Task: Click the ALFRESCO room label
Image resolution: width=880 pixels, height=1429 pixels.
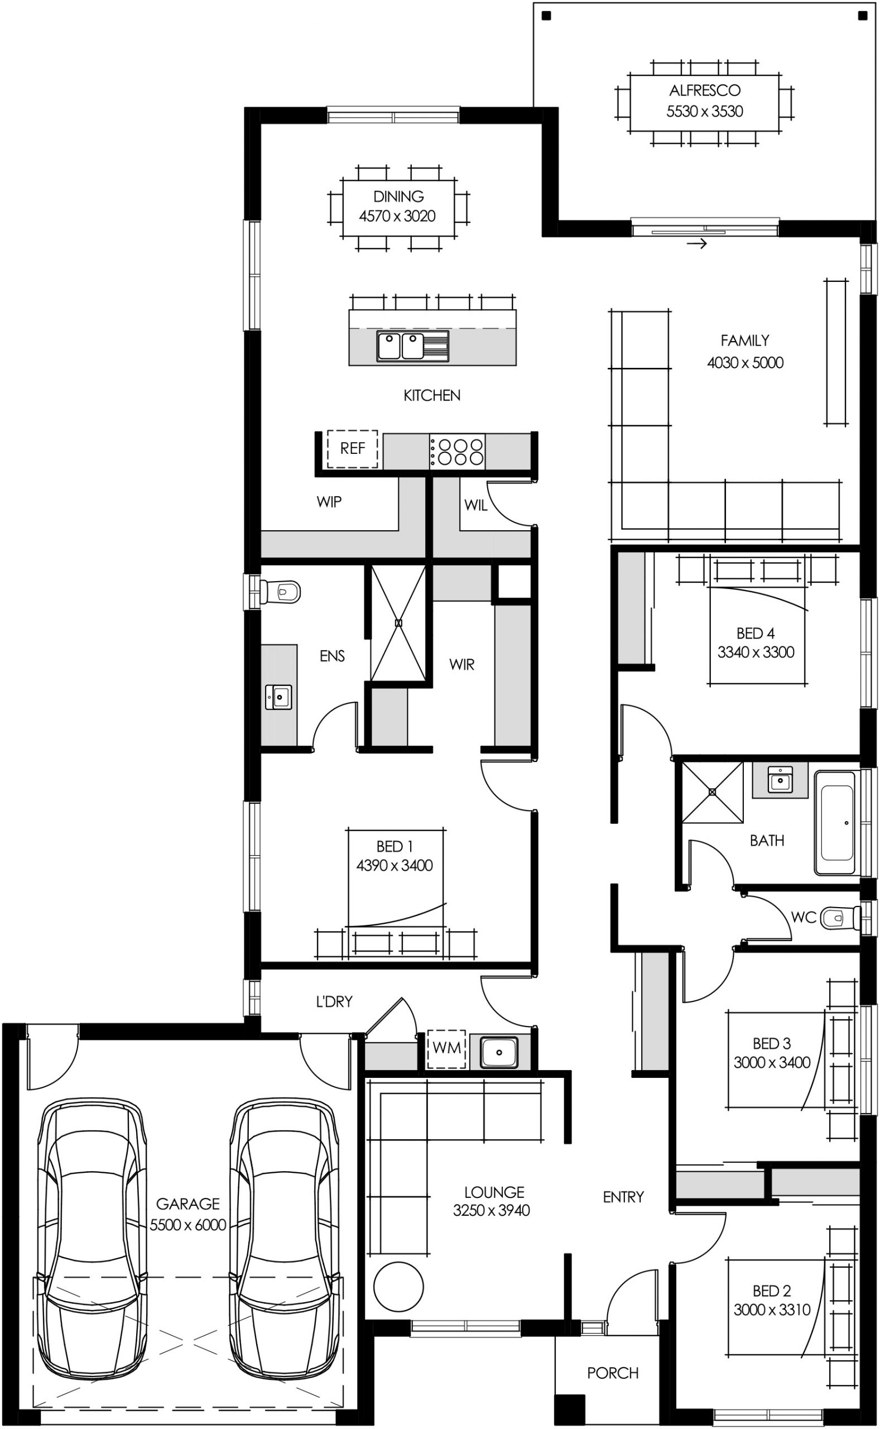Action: pyautogui.click(x=704, y=90)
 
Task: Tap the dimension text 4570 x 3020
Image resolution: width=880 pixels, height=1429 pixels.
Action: pyautogui.click(x=397, y=216)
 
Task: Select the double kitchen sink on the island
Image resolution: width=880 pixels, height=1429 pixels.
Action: pyautogui.click(x=412, y=346)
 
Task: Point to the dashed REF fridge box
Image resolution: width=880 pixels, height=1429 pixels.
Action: pyautogui.click(x=352, y=448)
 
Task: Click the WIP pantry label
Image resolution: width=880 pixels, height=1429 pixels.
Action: pyautogui.click(x=329, y=501)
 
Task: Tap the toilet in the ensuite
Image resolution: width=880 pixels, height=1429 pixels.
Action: pyautogui.click(x=281, y=592)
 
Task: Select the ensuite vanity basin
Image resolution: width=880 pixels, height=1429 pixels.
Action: pyautogui.click(x=279, y=697)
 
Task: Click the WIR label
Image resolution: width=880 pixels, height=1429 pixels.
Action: pyautogui.click(x=461, y=664)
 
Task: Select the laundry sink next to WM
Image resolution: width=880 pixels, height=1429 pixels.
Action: pyautogui.click(x=499, y=1052)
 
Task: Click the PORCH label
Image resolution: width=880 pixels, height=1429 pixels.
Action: pyautogui.click(x=612, y=1373)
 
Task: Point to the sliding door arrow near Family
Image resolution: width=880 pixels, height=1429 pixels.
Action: pyautogui.click(x=696, y=243)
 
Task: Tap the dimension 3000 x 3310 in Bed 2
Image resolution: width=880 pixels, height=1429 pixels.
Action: pyautogui.click(x=771, y=1310)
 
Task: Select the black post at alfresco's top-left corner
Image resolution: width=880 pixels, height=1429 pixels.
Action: pyautogui.click(x=546, y=16)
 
